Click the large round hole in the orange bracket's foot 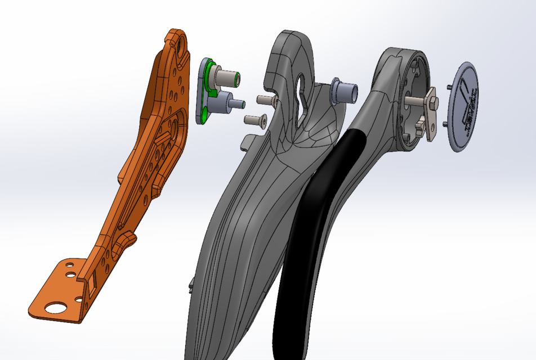55,308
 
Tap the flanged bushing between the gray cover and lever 345,90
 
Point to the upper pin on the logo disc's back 448,87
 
